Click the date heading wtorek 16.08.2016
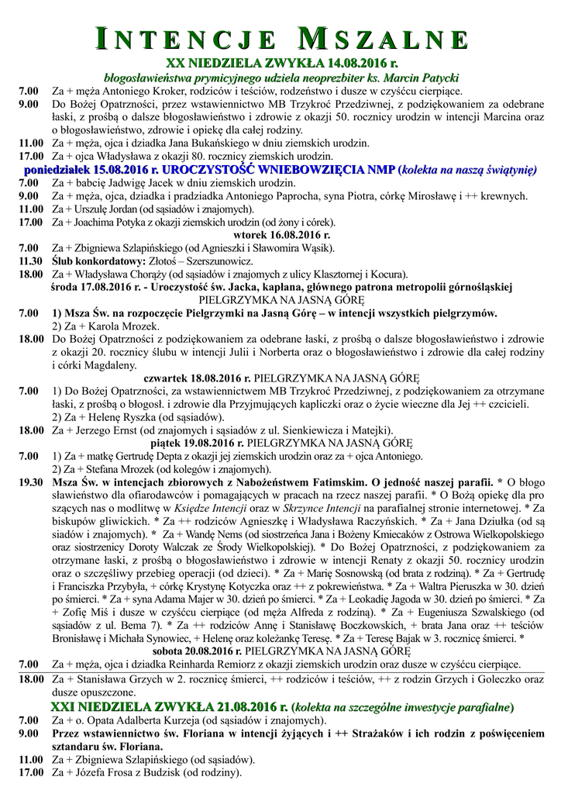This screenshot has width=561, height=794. (281, 235)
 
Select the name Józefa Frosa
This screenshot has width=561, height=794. (102, 772)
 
